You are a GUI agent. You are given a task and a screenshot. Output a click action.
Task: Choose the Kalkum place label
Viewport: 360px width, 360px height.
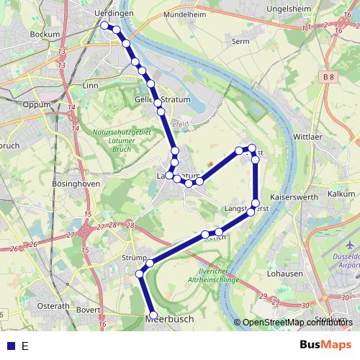click(x=341, y=194)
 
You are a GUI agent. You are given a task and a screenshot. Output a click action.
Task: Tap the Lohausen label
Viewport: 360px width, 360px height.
click(x=282, y=274)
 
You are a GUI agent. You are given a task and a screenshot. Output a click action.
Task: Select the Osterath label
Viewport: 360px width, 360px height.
click(x=53, y=306)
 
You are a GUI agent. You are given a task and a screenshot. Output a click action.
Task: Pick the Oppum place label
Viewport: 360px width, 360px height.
click(x=37, y=104)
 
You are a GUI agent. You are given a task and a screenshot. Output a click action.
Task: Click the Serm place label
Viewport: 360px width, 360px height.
click(x=240, y=42)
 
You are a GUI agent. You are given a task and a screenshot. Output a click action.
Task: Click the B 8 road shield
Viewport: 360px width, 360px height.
click(x=328, y=77)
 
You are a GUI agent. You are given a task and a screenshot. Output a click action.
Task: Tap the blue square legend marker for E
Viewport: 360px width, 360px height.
click(x=11, y=346)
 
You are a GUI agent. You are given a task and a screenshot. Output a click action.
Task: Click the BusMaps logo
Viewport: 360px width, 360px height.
click(x=325, y=346)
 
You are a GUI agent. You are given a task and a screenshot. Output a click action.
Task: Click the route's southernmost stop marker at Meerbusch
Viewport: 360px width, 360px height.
click(x=153, y=315)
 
